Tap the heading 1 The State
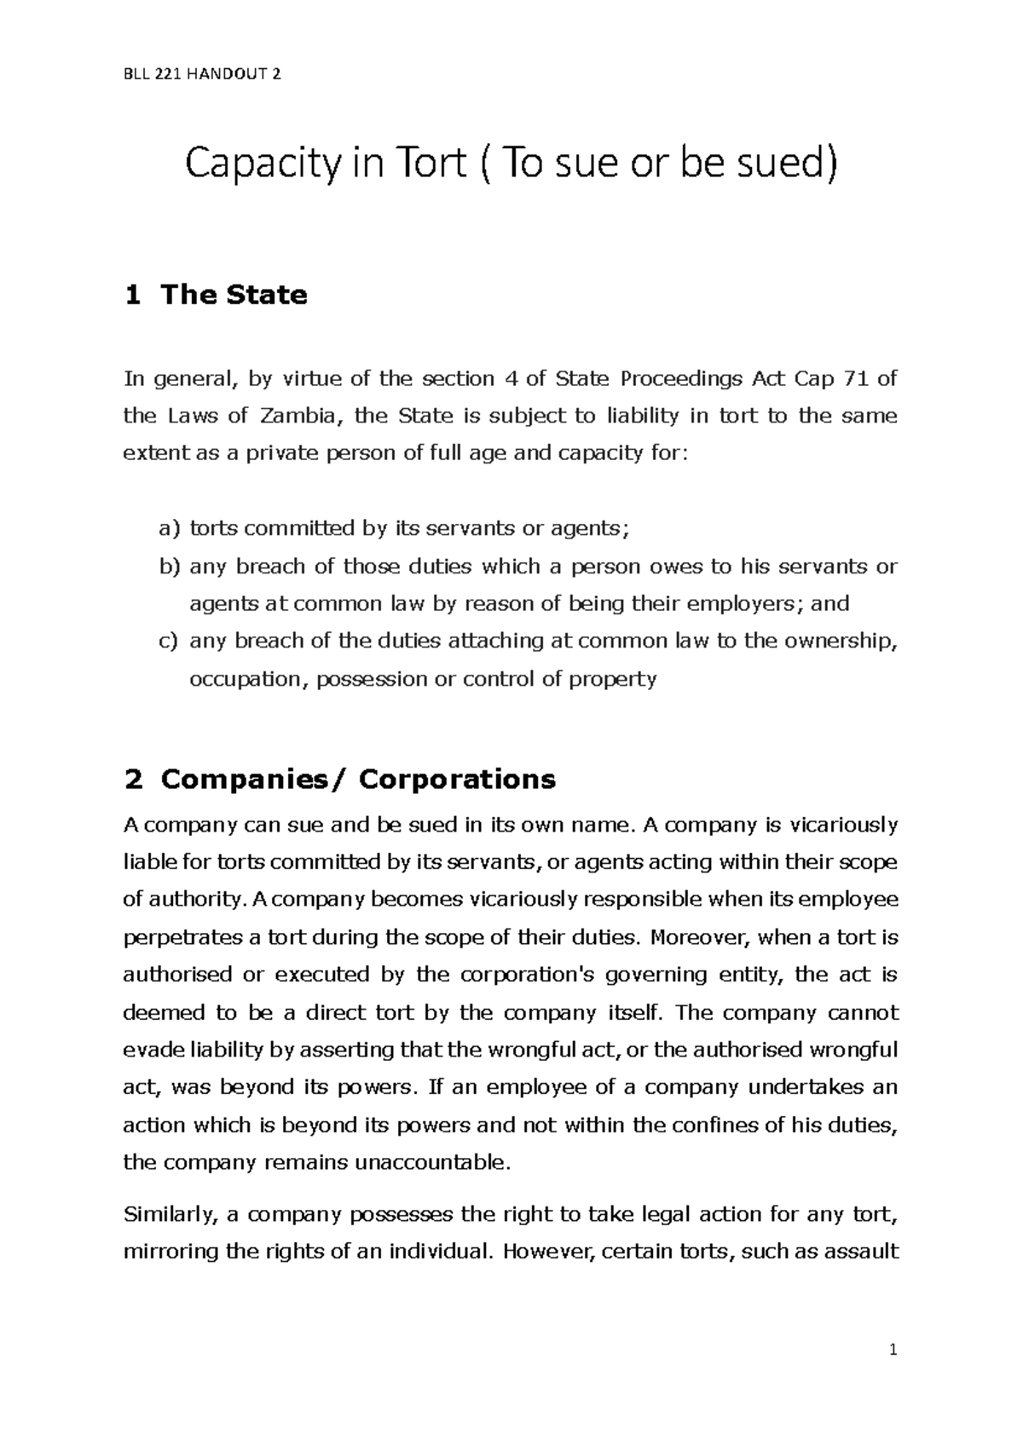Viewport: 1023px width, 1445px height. (216, 295)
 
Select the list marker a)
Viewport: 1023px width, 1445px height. (170, 529)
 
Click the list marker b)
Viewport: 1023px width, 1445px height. (170, 567)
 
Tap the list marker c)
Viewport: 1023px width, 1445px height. (170, 642)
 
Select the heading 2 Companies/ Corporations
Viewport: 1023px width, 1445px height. (339, 779)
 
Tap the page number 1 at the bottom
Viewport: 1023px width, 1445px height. (893, 1350)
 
